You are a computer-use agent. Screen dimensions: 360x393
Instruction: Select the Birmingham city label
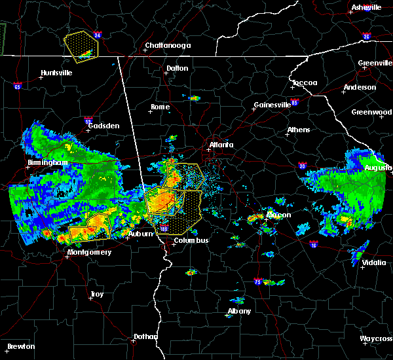tap(48, 162)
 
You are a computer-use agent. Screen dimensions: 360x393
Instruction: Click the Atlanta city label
tap(221, 145)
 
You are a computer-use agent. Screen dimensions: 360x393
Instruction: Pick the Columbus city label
tap(191, 240)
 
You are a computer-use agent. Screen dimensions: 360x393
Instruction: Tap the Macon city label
tap(278, 215)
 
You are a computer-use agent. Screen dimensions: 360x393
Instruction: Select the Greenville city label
tap(375, 63)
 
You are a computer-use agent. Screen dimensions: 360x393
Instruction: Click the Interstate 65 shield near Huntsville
tap(17, 86)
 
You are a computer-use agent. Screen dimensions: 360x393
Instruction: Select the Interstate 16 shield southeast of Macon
tap(313, 244)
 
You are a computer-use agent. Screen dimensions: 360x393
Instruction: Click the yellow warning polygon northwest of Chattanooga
tap(81, 45)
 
